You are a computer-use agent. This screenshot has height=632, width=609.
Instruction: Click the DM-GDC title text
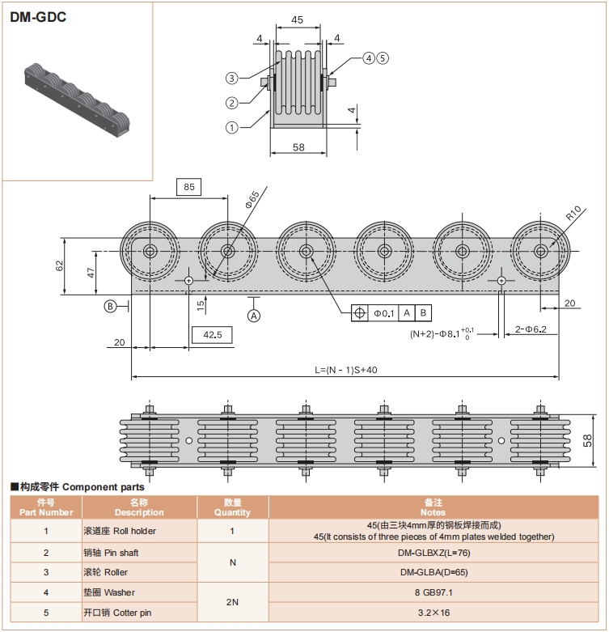[x=38, y=15]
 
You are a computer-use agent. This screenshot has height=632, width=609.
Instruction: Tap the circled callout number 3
[x=232, y=78]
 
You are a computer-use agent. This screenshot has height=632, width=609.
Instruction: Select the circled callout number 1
[x=232, y=126]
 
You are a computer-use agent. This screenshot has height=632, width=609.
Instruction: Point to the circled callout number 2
[x=232, y=102]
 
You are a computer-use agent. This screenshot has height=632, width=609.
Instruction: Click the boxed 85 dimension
[x=189, y=187]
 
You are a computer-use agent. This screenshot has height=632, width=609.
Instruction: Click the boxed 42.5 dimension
[x=212, y=334]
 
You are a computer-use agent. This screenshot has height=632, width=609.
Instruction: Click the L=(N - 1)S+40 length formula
[x=345, y=369]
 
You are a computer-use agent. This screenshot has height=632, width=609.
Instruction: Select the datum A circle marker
[x=254, y=316]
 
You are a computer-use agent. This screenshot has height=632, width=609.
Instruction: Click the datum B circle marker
[x=110, y=305]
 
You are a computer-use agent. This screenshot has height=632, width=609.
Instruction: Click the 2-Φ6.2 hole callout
[x=531, y=329]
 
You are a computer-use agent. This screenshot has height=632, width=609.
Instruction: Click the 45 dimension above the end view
[x=297, y=19]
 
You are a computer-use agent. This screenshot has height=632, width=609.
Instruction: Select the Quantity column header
[x=232, y=507]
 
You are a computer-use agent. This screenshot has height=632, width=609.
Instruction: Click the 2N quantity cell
[x=232, y=603]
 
